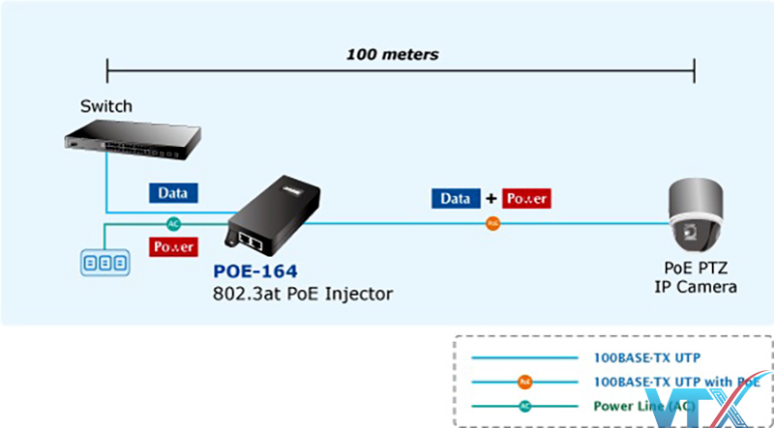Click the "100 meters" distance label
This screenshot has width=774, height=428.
tap(392, 54)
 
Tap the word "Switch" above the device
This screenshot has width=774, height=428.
tap(106, 106)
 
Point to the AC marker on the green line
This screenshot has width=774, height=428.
tap(174, 222)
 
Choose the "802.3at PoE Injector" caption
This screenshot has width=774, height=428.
tap(303, 293)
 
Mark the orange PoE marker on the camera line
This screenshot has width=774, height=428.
tap(493, 224)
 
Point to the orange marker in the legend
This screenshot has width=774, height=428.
tap(523, 382)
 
